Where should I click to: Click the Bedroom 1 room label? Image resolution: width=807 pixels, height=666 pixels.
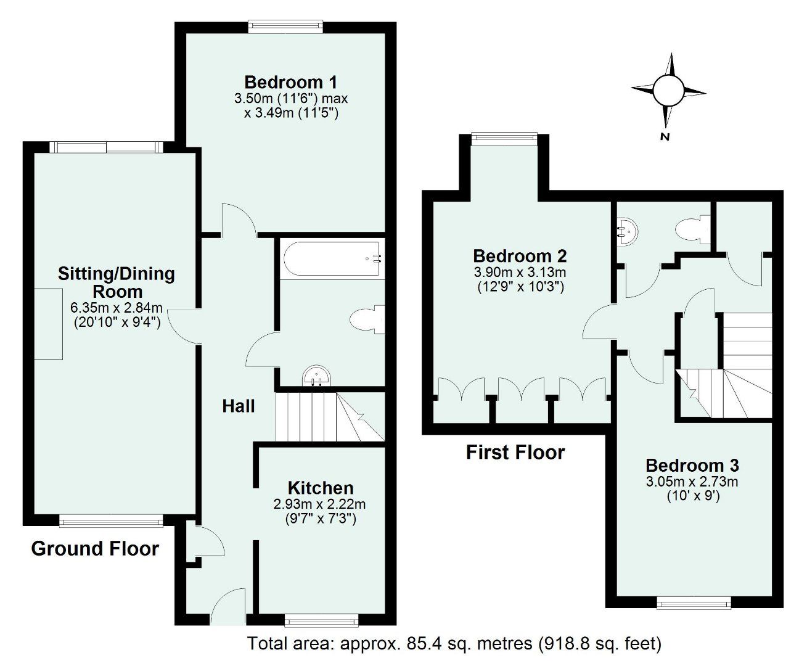(x=291, y=82)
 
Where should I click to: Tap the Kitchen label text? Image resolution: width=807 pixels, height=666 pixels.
(x=321, y=488)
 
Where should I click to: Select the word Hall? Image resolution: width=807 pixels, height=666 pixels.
(x=239, y=406)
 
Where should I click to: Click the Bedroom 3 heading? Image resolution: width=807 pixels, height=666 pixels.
(x=692, y=466)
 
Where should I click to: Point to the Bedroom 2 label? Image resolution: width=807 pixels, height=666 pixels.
(x=520, y=256)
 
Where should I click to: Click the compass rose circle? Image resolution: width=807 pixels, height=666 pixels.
(x=668, y=91)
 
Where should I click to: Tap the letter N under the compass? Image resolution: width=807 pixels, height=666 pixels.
(x=665, y=138)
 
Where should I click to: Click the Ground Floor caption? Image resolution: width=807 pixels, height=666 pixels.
(x=95, y=548)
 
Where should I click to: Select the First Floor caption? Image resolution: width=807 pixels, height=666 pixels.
(x=515, y=452)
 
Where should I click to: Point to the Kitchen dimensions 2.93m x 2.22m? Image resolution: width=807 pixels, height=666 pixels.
(x=319, y=504)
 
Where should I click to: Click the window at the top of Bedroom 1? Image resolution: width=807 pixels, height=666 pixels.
(x=285, y=26)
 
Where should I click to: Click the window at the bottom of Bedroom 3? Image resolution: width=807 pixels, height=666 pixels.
(x=694, y=602)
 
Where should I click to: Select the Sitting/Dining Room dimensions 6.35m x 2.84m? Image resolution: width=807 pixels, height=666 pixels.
(x=117, y=308)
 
